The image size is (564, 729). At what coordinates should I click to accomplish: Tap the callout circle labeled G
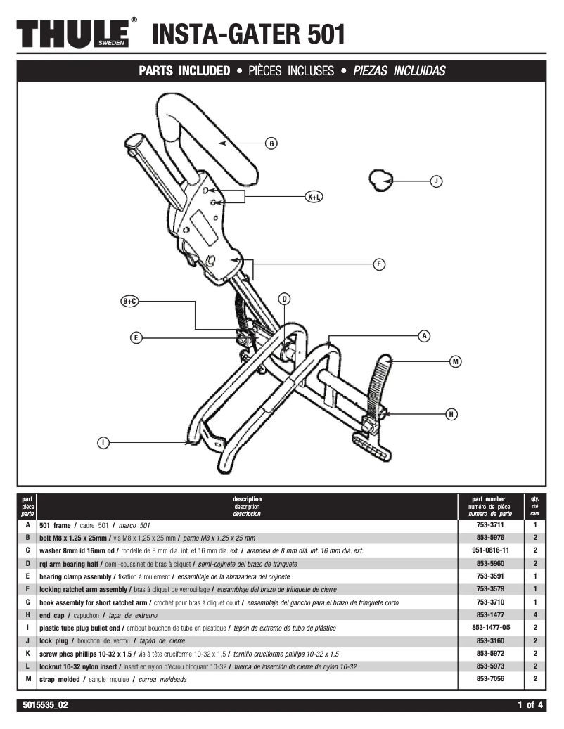pos(271,143)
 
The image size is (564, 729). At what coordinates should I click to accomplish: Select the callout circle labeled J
pos(436,181)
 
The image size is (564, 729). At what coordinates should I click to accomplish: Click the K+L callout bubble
pos(314,197)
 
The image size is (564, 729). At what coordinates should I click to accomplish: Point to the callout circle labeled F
pos(379,264)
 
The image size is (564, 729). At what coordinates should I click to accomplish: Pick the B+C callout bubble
pos(130,301)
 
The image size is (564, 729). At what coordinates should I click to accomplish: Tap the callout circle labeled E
pos(136,338)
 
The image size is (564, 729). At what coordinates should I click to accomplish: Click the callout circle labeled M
pos(456,361)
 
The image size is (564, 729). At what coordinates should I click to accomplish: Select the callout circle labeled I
pos(103,442)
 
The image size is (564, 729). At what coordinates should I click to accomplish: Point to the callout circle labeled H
pos(451,414)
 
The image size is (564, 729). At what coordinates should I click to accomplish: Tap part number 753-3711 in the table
pos(491,524)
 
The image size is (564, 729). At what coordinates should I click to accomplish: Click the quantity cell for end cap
pos(534,614)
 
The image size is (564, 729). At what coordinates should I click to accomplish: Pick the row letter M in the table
pos(27,679)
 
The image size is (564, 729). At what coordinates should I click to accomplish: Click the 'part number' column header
pos(491,499)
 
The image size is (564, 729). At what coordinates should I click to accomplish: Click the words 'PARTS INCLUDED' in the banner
pos(184,71)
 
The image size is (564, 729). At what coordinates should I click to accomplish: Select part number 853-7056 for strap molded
pos(491,679)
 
